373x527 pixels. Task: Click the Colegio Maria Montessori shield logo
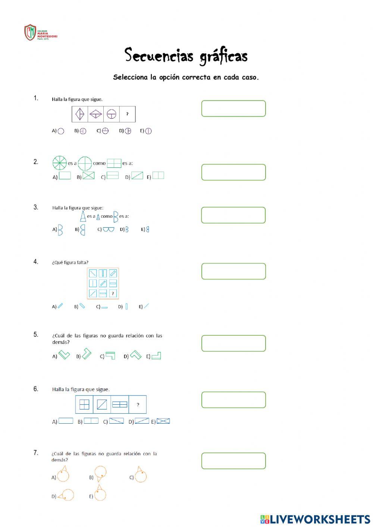coord(30,32)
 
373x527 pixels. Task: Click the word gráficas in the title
coord(223,57)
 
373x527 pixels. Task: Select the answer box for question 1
coord(233,109)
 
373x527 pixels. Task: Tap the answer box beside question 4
coord(233,271)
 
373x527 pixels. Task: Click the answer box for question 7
coord(233,461)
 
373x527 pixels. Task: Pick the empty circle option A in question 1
coord(61,131)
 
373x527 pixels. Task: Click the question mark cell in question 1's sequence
coord(127,114)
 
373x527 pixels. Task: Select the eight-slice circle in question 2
coord(60,163)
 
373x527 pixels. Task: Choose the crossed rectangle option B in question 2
coord(89,176)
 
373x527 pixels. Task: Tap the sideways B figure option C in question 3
coord(109,229)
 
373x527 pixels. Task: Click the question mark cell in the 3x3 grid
coord(113,294)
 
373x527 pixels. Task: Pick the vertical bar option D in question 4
coord(126,306)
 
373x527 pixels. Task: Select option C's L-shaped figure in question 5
coord(110,355)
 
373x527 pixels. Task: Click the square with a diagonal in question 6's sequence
coord(102,405)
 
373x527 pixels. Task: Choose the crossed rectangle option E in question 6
coord(163,421)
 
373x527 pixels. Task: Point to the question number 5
coord(36,334)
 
